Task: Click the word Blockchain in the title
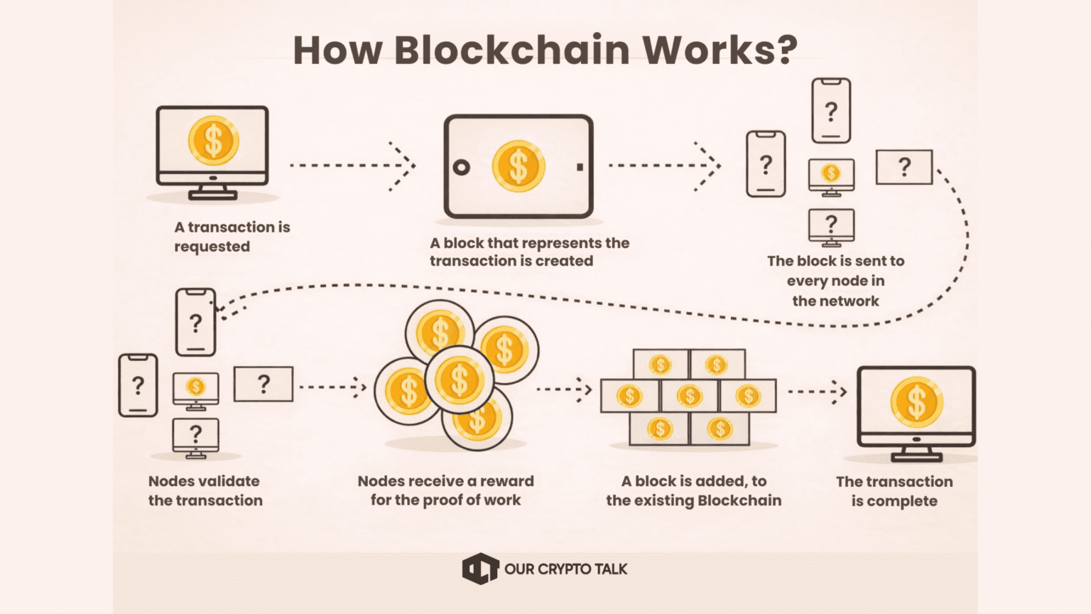[512, 50]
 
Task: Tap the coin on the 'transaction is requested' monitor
[213, 140]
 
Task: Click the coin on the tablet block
[519, 166]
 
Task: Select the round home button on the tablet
[461, 167]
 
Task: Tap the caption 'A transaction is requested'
[232, 237]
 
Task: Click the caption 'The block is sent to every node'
[835, 281]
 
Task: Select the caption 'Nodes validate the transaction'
[205, 490]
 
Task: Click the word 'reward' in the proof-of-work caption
[506, 481]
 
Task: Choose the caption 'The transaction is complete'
[894, 490]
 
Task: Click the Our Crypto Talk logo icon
[480, 569]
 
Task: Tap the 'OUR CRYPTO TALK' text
[565, 569]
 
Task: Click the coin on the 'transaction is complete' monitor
[916, 402]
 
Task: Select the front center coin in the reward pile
[460, 379]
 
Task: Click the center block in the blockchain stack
[688, 396]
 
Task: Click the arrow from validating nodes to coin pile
[332, 387]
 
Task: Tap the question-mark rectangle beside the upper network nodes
[903, 167]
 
